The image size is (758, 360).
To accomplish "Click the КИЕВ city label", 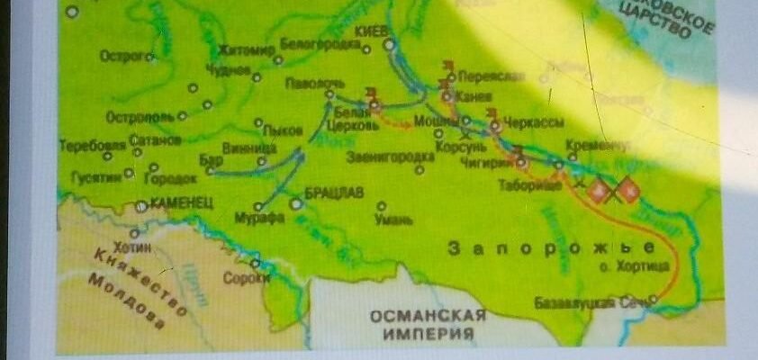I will tap(372, 31).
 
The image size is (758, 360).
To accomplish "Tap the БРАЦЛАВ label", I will tap(334, 193).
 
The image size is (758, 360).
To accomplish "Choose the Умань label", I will tap(394, 219).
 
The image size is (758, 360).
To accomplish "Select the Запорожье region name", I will tap(551, 247).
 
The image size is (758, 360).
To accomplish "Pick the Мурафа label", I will tap(253, 217).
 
